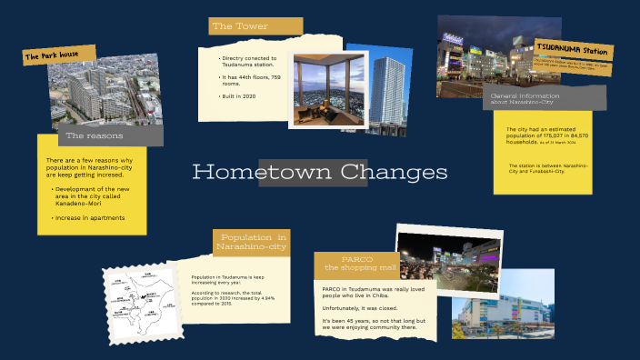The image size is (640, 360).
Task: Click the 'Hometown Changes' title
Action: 320,172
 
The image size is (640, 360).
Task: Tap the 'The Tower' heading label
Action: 241,26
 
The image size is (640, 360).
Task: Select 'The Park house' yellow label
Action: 58,55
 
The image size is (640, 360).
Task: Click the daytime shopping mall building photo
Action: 502,304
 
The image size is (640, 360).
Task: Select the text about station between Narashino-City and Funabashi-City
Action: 547,169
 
